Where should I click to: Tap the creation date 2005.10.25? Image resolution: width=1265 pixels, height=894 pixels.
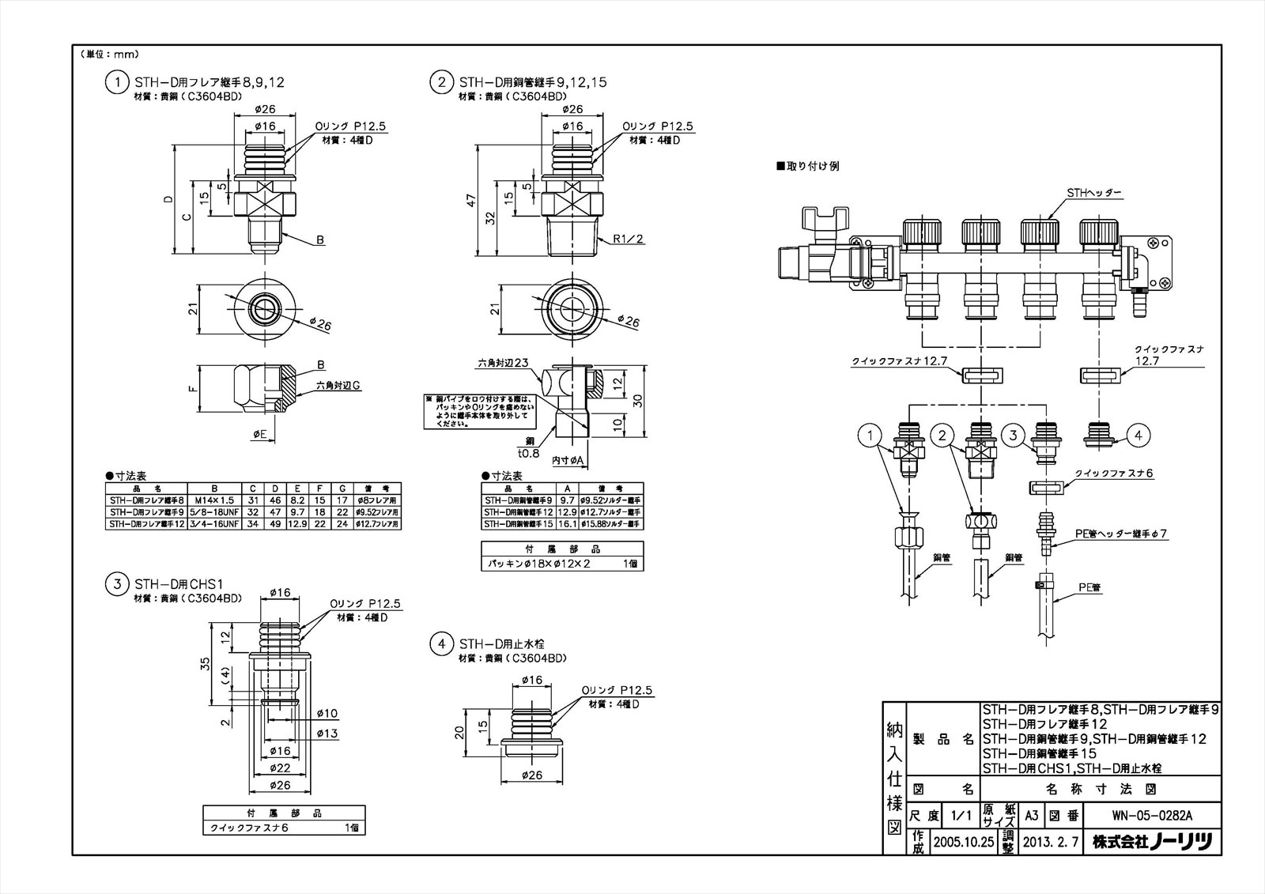pos(963,842)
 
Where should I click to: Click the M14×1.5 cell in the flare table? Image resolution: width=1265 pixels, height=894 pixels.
pos(213,500)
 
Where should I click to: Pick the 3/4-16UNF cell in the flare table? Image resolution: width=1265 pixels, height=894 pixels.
pos(213,523)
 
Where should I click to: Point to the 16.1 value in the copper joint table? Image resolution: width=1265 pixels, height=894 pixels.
pos(567,523)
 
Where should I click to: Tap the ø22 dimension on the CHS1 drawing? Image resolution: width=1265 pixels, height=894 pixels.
pos(282,768)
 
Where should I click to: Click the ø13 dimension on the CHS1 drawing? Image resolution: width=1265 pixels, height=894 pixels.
pos(327,734)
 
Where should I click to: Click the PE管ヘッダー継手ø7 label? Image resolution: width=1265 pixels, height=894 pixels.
pos(1121,534)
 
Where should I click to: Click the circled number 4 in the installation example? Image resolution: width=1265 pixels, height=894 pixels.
pos(1138,434)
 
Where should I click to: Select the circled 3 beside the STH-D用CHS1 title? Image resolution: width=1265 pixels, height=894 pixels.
pos(117,583)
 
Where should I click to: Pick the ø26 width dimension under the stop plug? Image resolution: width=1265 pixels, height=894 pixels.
pos(533,775)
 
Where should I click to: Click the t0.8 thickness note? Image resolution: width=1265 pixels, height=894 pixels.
pos(528,453)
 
